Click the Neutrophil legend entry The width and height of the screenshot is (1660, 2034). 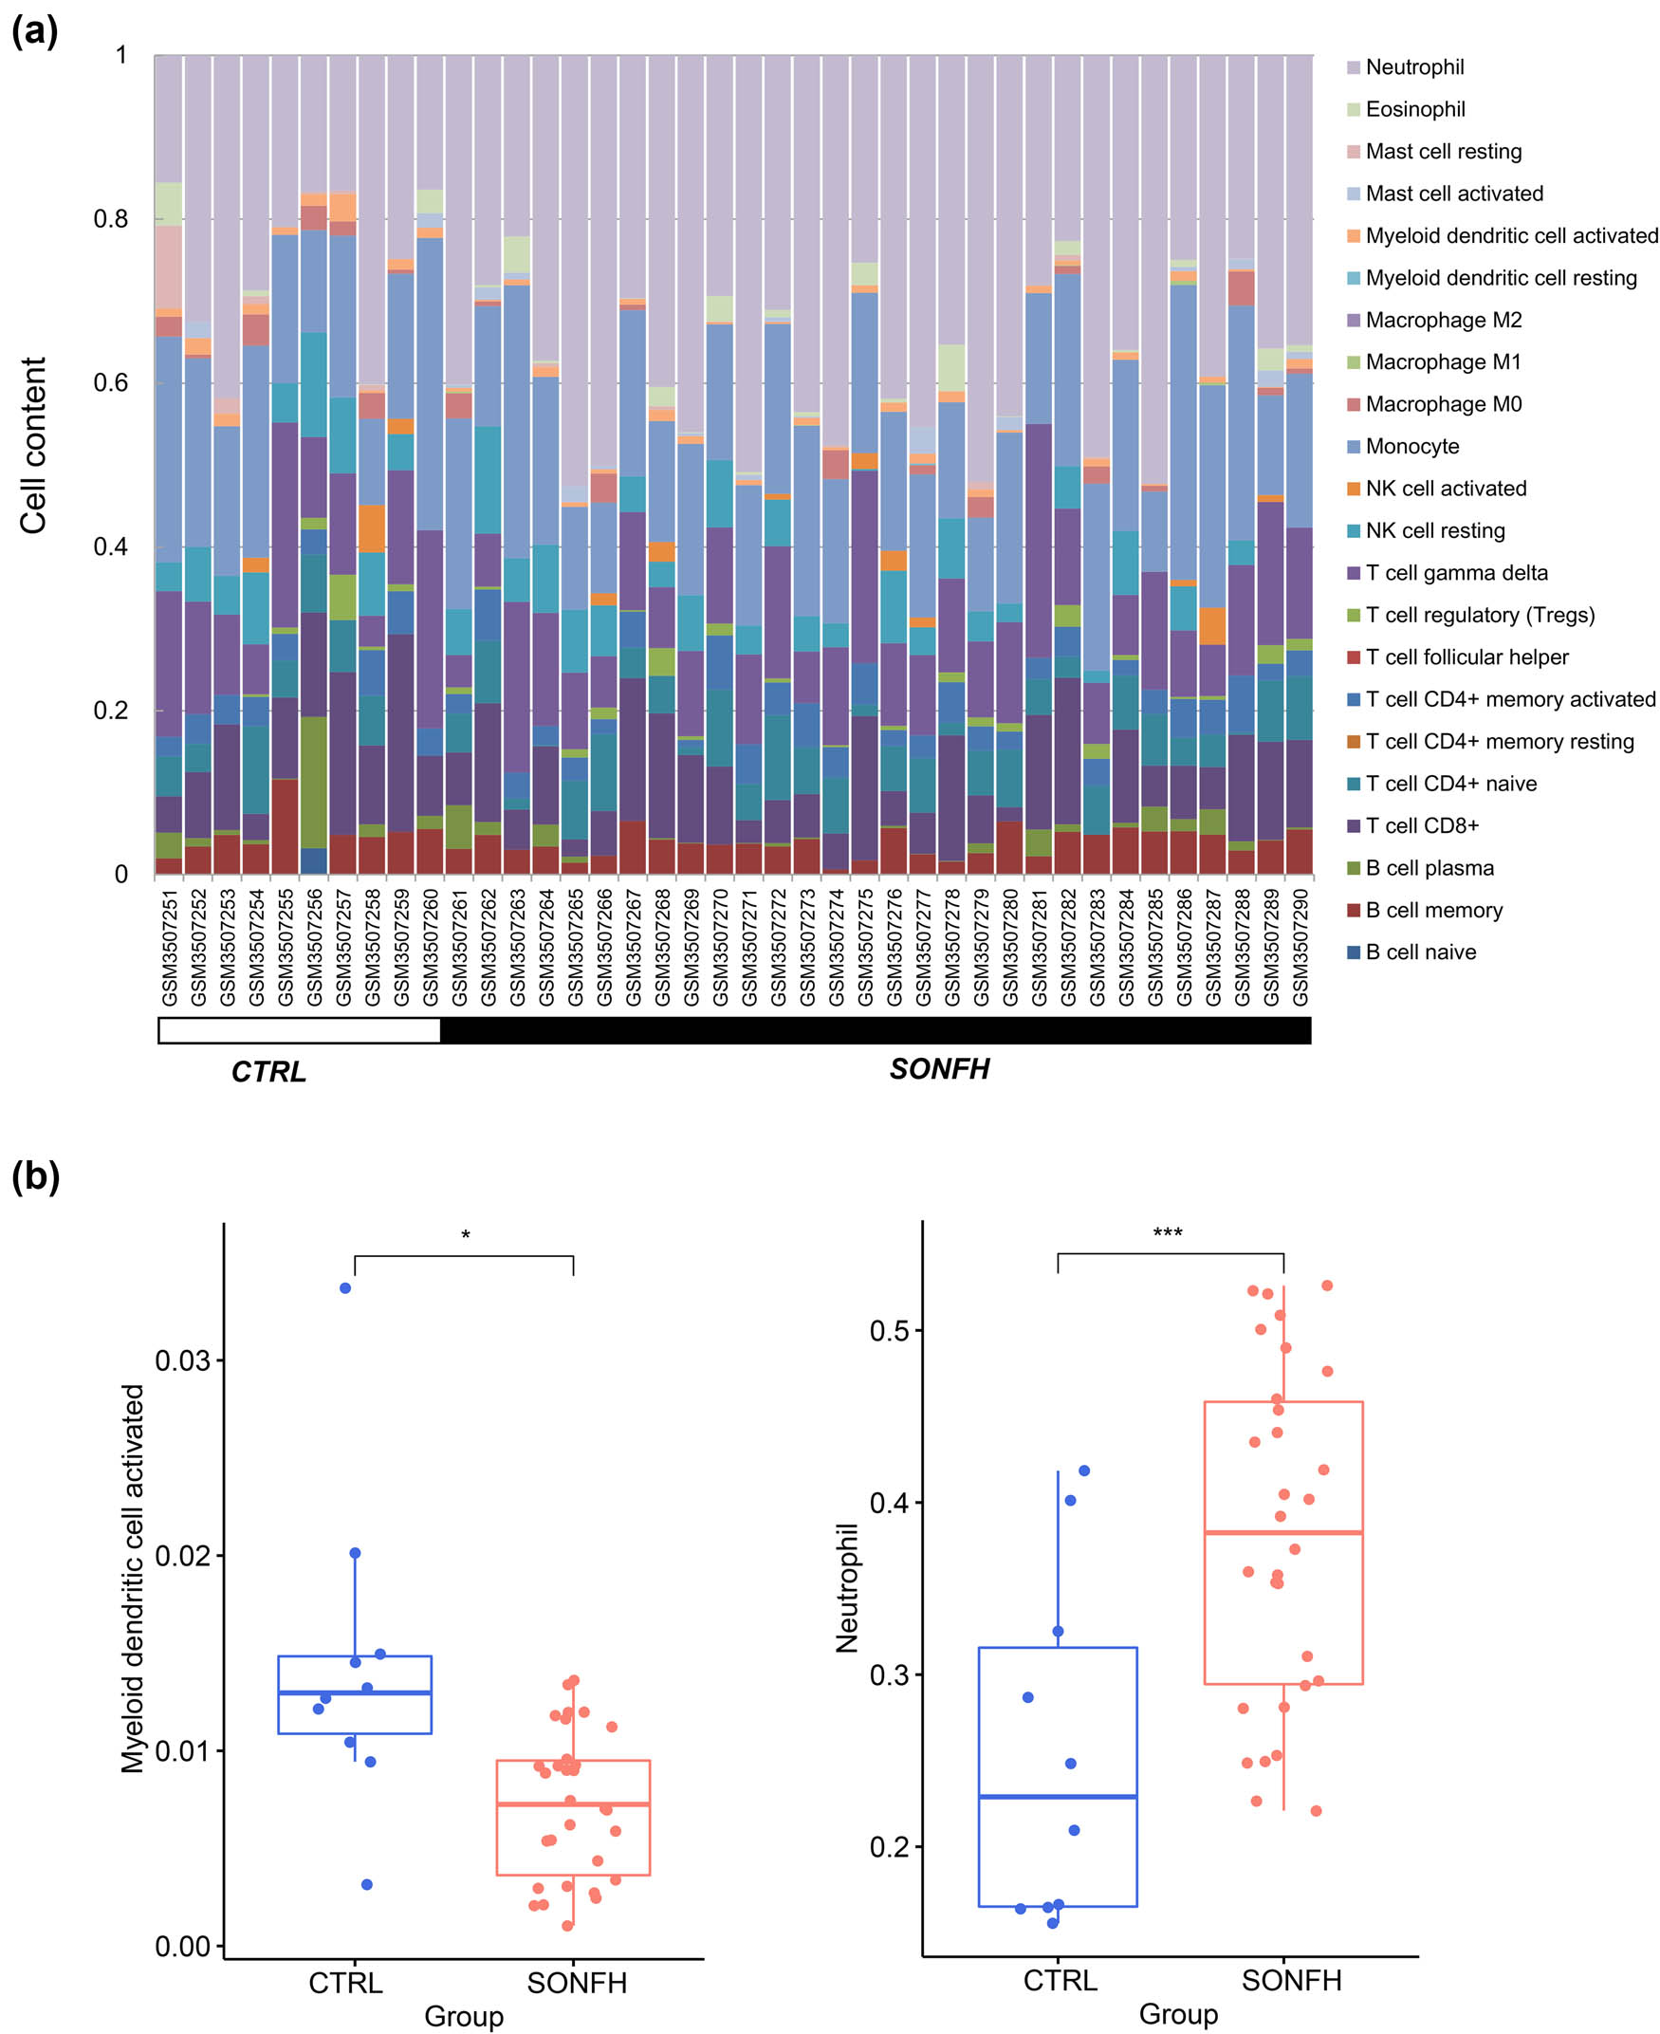(x=1413, y=67)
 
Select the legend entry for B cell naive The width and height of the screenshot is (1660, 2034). (x=1419, y=952)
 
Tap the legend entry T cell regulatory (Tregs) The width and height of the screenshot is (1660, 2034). (x=1478, y=615)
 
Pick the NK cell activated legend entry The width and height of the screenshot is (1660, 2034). (x=1445, y=489)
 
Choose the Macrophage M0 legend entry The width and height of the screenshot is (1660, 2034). (x=1442, y=404)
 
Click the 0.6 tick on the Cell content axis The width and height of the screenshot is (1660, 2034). (x=110, y=382)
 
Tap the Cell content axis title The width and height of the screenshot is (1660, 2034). (x=33, y=446)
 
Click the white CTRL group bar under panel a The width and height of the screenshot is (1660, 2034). (x=299, y=1030)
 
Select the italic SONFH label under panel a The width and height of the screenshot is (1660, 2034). (x=939, y=1069)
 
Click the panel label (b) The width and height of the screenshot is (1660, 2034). (x=35, y=1176)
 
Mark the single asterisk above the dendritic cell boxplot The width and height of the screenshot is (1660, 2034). (x=466, y=1235)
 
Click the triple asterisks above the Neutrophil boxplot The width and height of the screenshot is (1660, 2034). (x=1168, y=1232)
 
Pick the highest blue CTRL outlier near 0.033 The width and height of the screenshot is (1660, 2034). (x=345, y=1288)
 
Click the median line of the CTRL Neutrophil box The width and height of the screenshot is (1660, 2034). (x=1058, y=1797)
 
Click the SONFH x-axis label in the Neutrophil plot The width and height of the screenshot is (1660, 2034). (x=1291, y=1981)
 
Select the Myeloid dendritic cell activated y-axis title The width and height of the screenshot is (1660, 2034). (x=133, y=1579)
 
